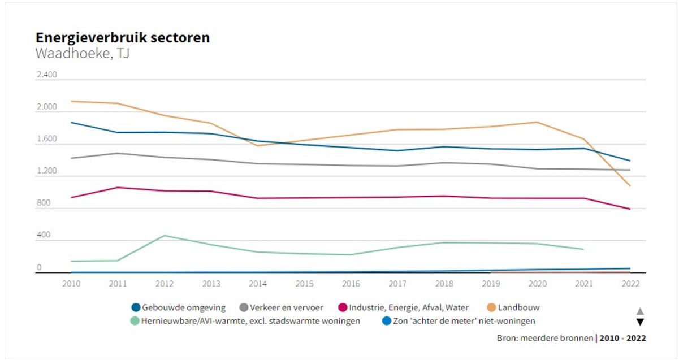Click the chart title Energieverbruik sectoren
click(x=123, y=38)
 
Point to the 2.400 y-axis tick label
click(x=47, y=75)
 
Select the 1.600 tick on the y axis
click(x=47, y=139)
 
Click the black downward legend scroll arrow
click(x=640, y=322)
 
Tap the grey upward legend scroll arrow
click(x=640, y=311)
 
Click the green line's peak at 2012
click(x=164, y=236)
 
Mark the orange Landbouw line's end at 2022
click(x=629, y=185)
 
